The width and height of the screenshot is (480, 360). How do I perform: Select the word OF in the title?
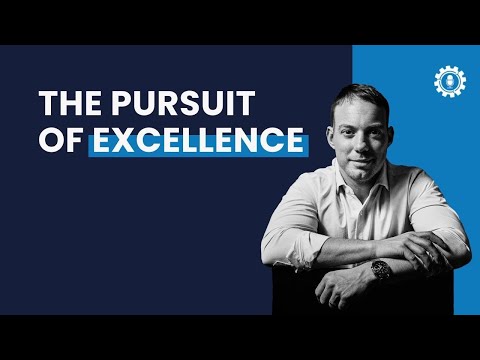[x=61, y=141]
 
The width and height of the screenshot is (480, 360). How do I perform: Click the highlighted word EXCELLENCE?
[x=197, y=141]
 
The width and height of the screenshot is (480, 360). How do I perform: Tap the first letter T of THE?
[x=48, y=104]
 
